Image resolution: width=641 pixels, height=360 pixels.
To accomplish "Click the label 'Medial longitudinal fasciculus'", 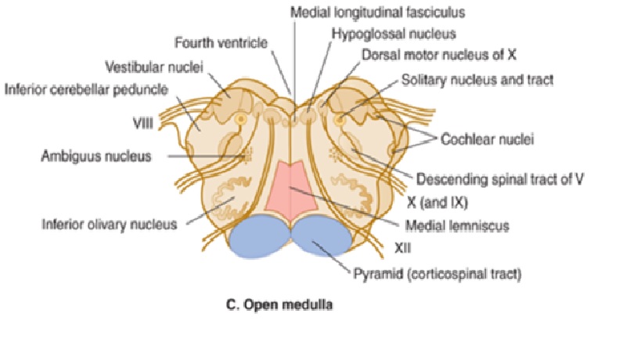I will point(377,13).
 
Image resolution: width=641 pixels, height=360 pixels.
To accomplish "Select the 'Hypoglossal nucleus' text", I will point(393,34).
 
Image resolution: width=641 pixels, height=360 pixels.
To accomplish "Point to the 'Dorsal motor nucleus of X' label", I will point(439,56).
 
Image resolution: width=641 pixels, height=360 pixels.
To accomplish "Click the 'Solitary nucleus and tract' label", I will point(477,79).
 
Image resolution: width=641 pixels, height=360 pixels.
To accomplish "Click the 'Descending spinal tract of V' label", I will point(500,178).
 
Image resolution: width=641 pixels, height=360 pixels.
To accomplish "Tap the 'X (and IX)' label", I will point(436,202).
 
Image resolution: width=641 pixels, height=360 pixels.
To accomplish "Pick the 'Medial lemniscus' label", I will point(458,225).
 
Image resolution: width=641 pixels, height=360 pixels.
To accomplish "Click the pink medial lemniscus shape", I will point(291,192).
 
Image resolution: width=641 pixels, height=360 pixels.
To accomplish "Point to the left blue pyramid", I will point(256,239).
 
